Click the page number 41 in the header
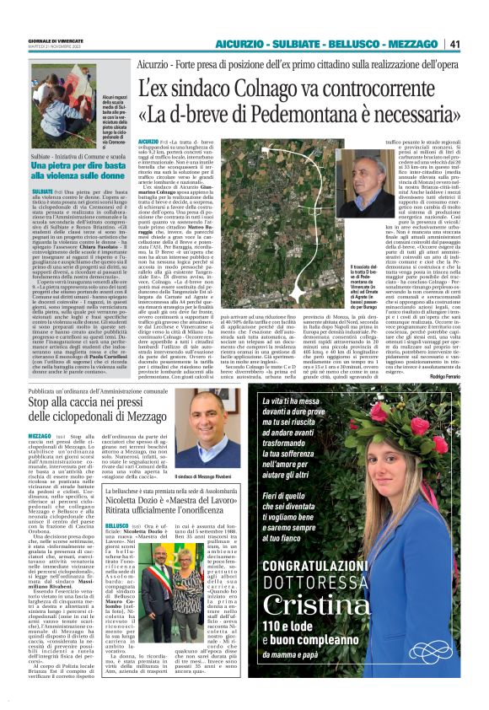(x=476, y=44)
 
